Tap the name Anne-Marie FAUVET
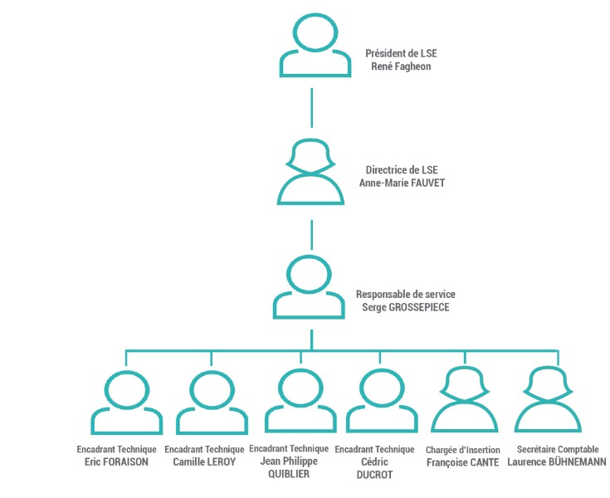pyautogui.click(x=402, y=183)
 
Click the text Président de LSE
pyautogui.click(x=401, y=53)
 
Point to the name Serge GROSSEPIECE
pyautogui.click(x=406, y=307)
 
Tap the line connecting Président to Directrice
pyautogui.click(x=311, y=108)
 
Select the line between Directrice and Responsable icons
pyautogui.click(x=311, y=235)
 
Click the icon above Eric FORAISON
pyautogui.click(x=127, y=421)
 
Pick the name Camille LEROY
pyautogui.click(x=204, y=461)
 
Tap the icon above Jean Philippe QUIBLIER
pyautogui.click(x=300, y=419)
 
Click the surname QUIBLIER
pyautogui.click(x=289, y=474)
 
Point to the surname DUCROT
pyautogui.click(x=374, y=475)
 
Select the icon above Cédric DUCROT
pyautogui.click(x=382, y=419)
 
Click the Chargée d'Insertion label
pyautogui.click(x=463, y=450)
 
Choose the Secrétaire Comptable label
pyautogui.click(x=558, y=449)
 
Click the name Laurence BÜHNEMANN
pyautogui.click(x=557, y=461)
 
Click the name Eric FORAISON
pyautogui.click(x=116, y=461)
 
